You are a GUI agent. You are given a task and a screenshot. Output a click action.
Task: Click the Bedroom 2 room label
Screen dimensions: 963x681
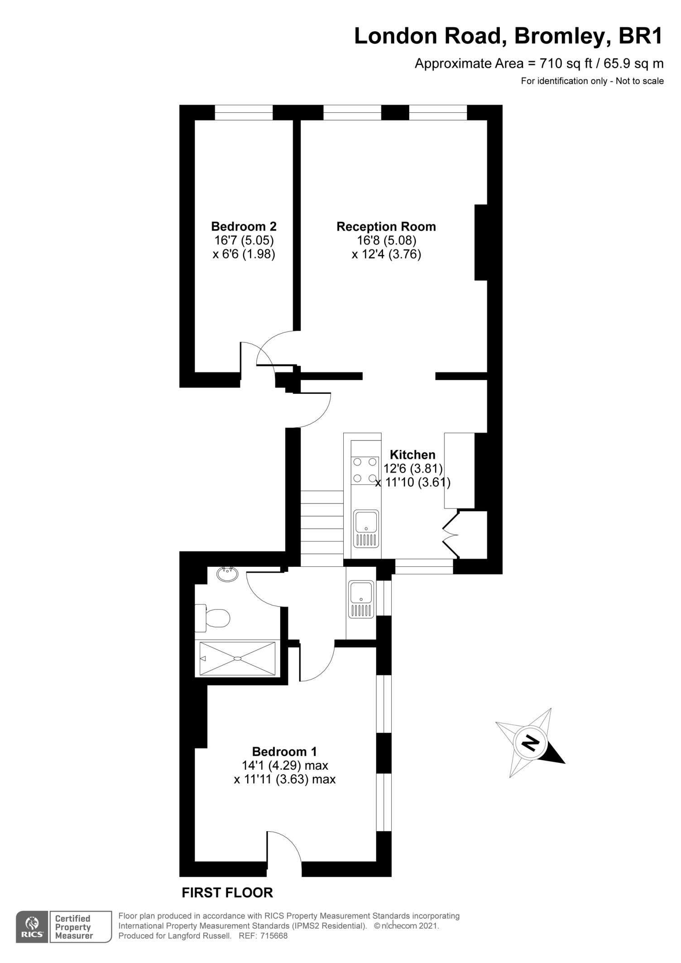tap(244, 226)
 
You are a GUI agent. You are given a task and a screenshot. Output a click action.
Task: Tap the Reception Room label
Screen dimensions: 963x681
tap(386, 227)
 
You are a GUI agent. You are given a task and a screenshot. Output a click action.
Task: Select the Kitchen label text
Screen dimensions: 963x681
tap(412, 455)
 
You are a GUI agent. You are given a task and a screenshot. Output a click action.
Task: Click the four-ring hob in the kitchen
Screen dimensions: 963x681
tap(365, 470)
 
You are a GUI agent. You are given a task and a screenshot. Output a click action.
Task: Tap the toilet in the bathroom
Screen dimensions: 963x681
tap(212, 618)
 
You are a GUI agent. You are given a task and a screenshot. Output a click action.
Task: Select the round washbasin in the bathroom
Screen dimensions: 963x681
tap(227, 574)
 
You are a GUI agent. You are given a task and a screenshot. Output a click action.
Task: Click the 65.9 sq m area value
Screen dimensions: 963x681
tap(635, 64)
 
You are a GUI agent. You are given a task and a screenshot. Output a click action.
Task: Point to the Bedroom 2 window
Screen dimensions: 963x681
tap(244, 113)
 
